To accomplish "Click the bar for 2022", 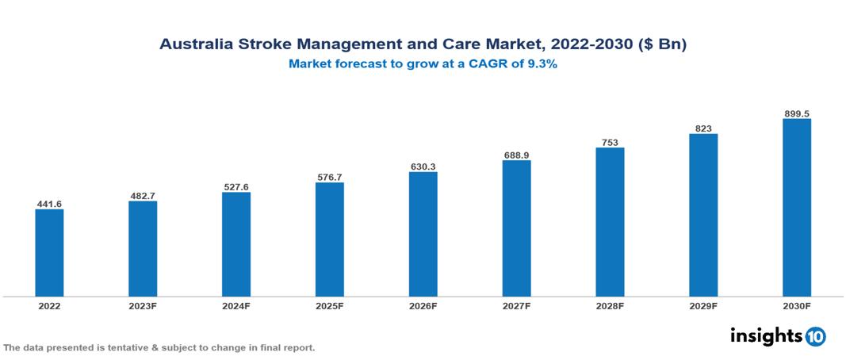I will (x=49, y=252).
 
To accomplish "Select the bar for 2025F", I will (x=329, y=239).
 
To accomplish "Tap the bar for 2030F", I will (x=796, y=207).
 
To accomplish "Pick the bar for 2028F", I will (x=610, y=221).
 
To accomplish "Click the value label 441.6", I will (x=49, y=204).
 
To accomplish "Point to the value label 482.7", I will (x=143, y=195).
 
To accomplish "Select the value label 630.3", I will (x=423, y=167).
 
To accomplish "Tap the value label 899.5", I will (x=796, y=113).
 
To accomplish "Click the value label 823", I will (x=703, y=128).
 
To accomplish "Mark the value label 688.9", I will (x=516, y=155).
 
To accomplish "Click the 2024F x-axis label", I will (x=236, y=305).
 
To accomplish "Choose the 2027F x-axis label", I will (x=516, y=305).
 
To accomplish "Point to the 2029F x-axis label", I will (x=703, y=305).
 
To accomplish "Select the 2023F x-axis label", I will (x=143, y=305).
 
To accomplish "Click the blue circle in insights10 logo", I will (x=816, y=336).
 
